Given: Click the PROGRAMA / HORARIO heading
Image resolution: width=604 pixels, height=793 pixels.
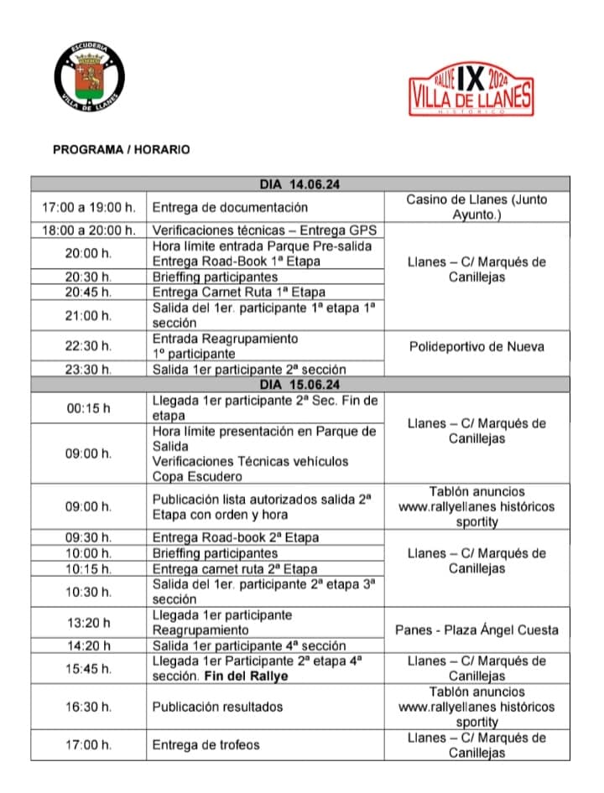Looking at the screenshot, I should tap(121, 150).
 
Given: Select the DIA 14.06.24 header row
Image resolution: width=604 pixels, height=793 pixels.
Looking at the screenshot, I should tap(299, 184).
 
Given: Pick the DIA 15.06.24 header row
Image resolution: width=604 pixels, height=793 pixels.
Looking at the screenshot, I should tap(299, 385).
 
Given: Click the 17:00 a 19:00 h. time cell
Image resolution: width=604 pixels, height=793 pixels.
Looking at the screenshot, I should tap(88, 207).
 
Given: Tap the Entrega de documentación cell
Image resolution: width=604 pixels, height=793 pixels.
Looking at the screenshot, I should tap(230, 207).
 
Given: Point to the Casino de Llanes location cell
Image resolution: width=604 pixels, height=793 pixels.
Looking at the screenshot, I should tap(476, 207).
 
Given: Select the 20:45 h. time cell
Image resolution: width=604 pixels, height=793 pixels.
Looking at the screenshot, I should tap(88, 292).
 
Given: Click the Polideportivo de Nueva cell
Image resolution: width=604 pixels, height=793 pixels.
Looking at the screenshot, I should tap(476, 346).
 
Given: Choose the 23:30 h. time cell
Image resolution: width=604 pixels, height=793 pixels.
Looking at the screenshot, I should tap(88, 369).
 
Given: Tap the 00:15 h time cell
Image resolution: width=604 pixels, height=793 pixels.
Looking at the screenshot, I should tap(88, 408).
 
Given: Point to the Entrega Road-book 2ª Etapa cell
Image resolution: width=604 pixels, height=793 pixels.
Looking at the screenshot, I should tap(236, 537).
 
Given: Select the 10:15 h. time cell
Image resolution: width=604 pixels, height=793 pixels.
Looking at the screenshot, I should tap(88, 569).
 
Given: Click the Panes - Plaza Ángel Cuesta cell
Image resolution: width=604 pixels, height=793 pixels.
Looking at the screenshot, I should tap(476, 630).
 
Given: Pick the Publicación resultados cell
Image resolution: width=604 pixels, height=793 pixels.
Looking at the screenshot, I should tap(217, 707).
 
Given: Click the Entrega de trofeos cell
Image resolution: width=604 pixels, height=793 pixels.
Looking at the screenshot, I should tap(206, 744).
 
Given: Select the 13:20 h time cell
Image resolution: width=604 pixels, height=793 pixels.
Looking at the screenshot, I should tap(88, 622).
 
